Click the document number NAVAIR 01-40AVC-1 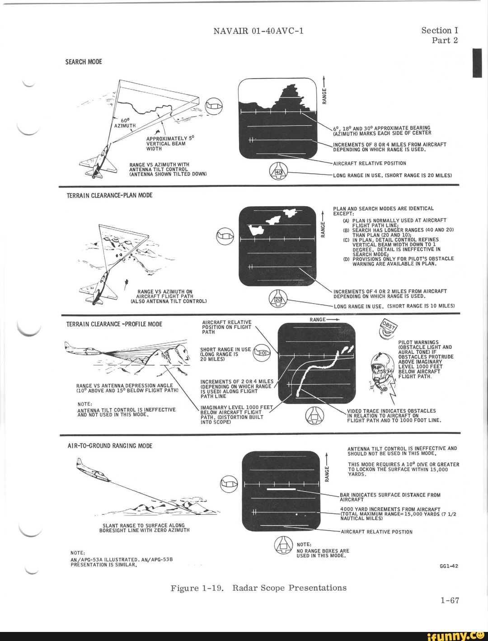click(x=258, y=31)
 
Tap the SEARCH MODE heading click(x=84, y=62)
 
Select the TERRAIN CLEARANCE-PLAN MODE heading click(x=109, y=195)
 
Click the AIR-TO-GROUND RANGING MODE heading click(x=110, y=446)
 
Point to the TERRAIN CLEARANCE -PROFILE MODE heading click(x=114, y=324)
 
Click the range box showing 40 click(x=278, y=172)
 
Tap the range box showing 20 click(x=278, y=299)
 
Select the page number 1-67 click(x=450, y=600)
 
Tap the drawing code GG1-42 click(x=449, y=566)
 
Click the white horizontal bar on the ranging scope click(x=281, y=489)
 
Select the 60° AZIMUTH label click(x=124, y=123)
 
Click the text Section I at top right click(x=439, y=30)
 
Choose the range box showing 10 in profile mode click(x=263, y=353)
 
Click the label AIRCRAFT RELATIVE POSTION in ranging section click(x=376, y=532)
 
